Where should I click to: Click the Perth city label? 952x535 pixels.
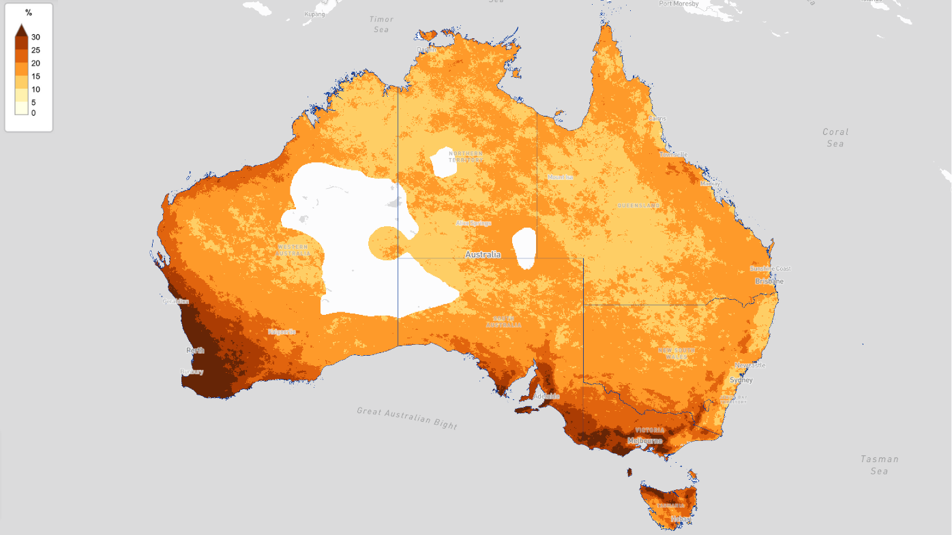[195, 350]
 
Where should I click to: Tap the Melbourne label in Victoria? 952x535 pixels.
[644, 440]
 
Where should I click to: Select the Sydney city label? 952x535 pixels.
[741, 380]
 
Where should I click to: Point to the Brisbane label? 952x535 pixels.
[769, 281]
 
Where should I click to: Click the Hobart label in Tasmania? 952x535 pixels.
[681, 519]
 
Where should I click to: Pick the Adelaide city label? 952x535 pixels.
[547, 396]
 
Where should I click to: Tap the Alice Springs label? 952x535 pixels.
[473, 223]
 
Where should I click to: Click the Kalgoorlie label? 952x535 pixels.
[282, 332]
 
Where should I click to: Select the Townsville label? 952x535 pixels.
[674, 155]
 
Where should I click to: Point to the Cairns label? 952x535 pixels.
[657, 119]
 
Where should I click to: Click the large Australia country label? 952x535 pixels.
[483, 254]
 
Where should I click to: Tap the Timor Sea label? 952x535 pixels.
[381, 25]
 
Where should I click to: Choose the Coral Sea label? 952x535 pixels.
[835, 138]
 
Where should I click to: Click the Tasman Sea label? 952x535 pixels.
[879, 465]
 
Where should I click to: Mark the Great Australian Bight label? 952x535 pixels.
[407, 418]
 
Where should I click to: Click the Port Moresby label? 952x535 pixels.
[679, 3]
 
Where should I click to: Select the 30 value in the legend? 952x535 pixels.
[35, 37]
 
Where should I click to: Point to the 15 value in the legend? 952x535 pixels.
[35, 76]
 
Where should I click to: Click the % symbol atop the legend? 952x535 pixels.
[29, 13]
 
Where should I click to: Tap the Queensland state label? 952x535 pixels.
[638, 205]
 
